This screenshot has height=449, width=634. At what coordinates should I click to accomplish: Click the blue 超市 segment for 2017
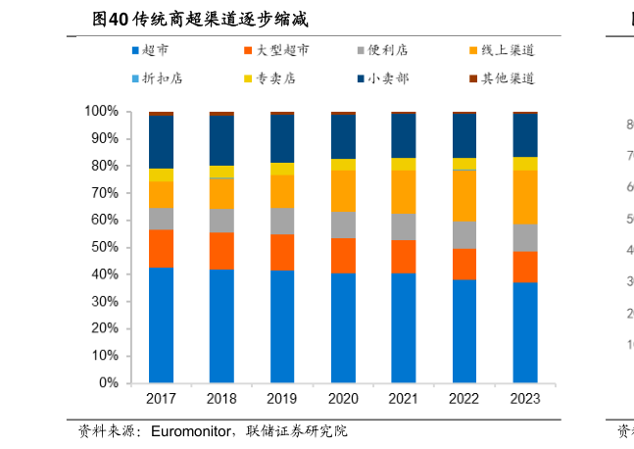click(x=161, y=324)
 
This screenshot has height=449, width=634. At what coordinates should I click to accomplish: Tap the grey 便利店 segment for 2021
click(x=404, y=226)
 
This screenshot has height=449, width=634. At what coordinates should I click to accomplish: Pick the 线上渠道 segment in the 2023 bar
click(x=525, y=197)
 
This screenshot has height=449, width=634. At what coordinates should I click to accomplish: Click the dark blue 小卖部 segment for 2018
click(x=221, y=140)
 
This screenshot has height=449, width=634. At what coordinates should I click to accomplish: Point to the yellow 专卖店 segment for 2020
click(x=343, y=164)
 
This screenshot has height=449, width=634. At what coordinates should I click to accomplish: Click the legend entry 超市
click(x=154, y=49)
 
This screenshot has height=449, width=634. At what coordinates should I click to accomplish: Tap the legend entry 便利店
click(x=385, y=49)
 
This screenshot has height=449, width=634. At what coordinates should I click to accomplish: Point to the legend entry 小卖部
click(x=385, y=77)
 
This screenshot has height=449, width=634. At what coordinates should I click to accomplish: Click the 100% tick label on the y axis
click(x=101, y=112)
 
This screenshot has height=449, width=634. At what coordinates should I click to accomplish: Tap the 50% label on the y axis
click(x=104, y=248)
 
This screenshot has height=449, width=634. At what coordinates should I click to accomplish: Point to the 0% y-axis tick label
click(x=108, y=383)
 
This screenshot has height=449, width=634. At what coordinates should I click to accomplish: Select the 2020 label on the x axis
click(x=343, y=399)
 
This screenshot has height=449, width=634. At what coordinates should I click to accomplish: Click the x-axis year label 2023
click(x=525, y=399)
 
